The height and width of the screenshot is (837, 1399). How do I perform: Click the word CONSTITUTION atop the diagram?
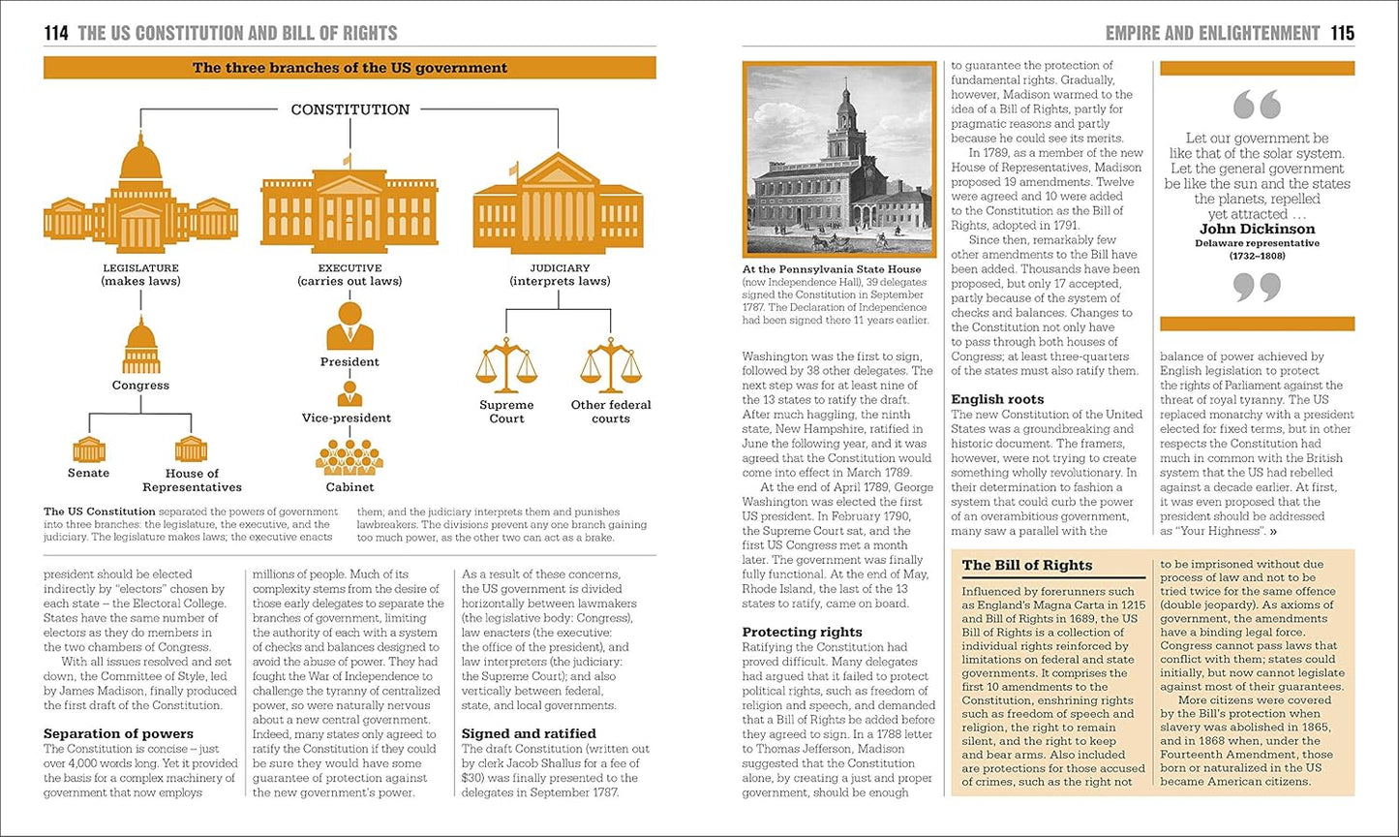(x=350, y=109)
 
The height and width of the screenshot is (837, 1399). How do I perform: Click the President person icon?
(x=350, y=325)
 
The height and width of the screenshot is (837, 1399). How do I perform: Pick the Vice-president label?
(x=347, y=418)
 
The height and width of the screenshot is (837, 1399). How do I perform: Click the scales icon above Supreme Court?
(x=505, y=365)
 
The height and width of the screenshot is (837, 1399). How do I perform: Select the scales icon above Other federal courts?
(x=610, y=365)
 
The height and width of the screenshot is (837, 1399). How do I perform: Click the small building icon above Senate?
(x=88, y=449)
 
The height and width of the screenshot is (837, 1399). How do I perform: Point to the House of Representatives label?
(x=192, y=480)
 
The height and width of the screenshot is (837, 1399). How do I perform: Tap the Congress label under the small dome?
(x=140, y=385)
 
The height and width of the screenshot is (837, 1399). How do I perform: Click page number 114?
(x=56, y=33)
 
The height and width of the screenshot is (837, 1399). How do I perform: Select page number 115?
(x=1342, y=33)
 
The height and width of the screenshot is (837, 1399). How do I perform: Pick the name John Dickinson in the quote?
(x=1257, y=230)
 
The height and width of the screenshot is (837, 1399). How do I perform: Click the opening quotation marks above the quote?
(x=1257, y=105)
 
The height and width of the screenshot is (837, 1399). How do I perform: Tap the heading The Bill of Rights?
(x=1026, y=565)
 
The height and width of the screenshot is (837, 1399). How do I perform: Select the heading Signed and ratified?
(x=529, y=733)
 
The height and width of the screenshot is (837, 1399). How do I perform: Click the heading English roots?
(x=997, y=399)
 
